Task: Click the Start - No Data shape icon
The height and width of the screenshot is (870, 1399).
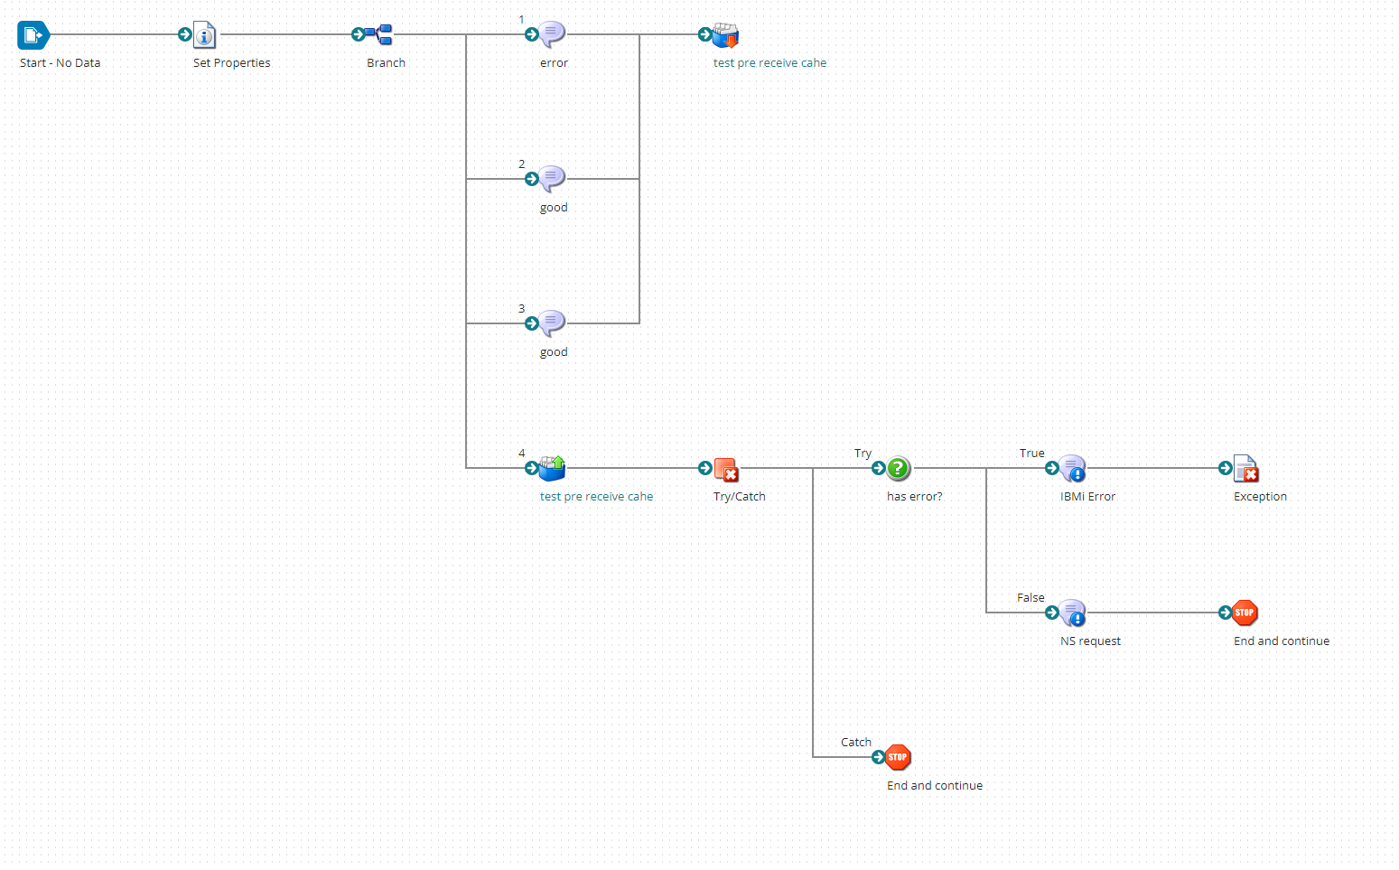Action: [33, 35]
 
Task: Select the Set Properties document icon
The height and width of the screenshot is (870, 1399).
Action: [205, 35]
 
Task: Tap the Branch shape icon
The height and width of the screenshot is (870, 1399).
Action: [379, 35]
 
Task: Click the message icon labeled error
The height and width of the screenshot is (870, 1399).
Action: [552, 34]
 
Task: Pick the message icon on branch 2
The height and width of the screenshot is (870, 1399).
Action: [552, 179]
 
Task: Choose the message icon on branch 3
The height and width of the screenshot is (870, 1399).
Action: [552, 323]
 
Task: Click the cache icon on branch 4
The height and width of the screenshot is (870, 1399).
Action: [552, 468]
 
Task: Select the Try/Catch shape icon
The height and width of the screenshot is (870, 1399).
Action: [726, 469]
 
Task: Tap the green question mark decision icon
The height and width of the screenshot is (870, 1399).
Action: [898, 468]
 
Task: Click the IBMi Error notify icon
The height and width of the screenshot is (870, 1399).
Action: [1072, 468]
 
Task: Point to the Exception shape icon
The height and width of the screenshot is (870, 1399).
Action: [1245, 469]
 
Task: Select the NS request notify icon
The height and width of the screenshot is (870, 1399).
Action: [1072, 613]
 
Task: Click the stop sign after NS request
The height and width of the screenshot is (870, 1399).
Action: [1245, 613]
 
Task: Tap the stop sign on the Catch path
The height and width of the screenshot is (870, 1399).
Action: [898, 757]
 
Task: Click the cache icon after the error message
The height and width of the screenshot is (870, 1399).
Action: [725, 35]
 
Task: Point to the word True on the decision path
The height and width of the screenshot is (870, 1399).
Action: [1031, 454]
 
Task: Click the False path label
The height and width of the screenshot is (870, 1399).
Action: [1031, 598]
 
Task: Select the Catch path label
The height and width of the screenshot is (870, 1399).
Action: [856, 743]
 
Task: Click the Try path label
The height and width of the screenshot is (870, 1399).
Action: [863, 454]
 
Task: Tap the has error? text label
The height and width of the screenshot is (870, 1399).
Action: [914, 497]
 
